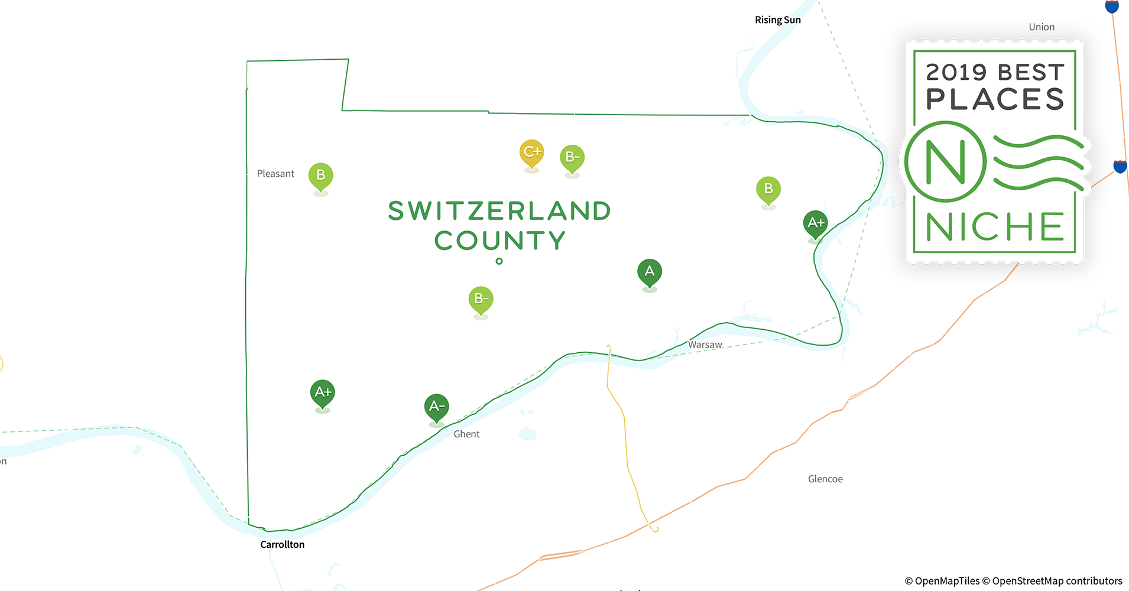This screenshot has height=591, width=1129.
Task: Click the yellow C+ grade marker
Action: tap(531, 152)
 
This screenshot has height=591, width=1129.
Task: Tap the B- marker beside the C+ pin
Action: tap(572, 157)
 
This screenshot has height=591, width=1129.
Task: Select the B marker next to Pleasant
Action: tap(320, 176)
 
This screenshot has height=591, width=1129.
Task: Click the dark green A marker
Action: tap(649, 272)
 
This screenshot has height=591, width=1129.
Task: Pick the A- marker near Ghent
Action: tap(436, 407)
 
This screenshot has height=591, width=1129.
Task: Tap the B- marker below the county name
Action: tap(481, 299)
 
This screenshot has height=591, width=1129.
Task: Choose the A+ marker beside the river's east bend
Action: tap(815, 223)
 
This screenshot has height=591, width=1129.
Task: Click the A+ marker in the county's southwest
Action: tap(322, 392)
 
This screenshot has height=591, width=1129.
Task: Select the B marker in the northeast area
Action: tap(768, 189)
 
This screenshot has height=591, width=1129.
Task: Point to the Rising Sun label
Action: tap(777, 20)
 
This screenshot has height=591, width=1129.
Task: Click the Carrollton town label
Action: tap(282, 544)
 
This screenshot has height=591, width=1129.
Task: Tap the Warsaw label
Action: tap(705, 345)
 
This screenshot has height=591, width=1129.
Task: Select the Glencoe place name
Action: tap(825, 479)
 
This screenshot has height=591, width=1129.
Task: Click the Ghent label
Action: tap(466, 434)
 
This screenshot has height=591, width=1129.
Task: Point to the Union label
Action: tap(1041, 27)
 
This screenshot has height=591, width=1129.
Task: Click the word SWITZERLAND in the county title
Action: tap(499, 212)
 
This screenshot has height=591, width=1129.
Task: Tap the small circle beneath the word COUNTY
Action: tap(499, 261)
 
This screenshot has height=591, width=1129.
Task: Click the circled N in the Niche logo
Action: tap(945, 162)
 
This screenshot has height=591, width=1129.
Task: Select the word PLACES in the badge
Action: tap(995, 99)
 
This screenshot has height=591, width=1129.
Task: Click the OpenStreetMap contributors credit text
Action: tap(1056, 581)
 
